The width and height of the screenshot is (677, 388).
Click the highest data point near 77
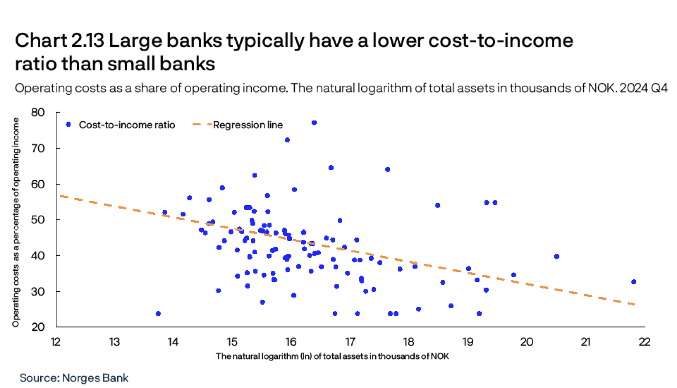pos(314,122)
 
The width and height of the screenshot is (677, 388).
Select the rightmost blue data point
pos(633,282)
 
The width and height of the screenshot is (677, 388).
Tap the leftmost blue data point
pos(158,313)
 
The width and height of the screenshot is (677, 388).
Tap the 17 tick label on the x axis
pos(350,342)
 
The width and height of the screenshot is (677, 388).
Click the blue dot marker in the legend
pos(68,125)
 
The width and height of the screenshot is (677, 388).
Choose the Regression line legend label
pos(248,125)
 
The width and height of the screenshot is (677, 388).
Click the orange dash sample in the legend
pos(201,125)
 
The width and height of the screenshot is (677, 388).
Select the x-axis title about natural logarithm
pos(333,357)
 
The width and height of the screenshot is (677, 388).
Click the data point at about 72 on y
pos(287,140)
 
